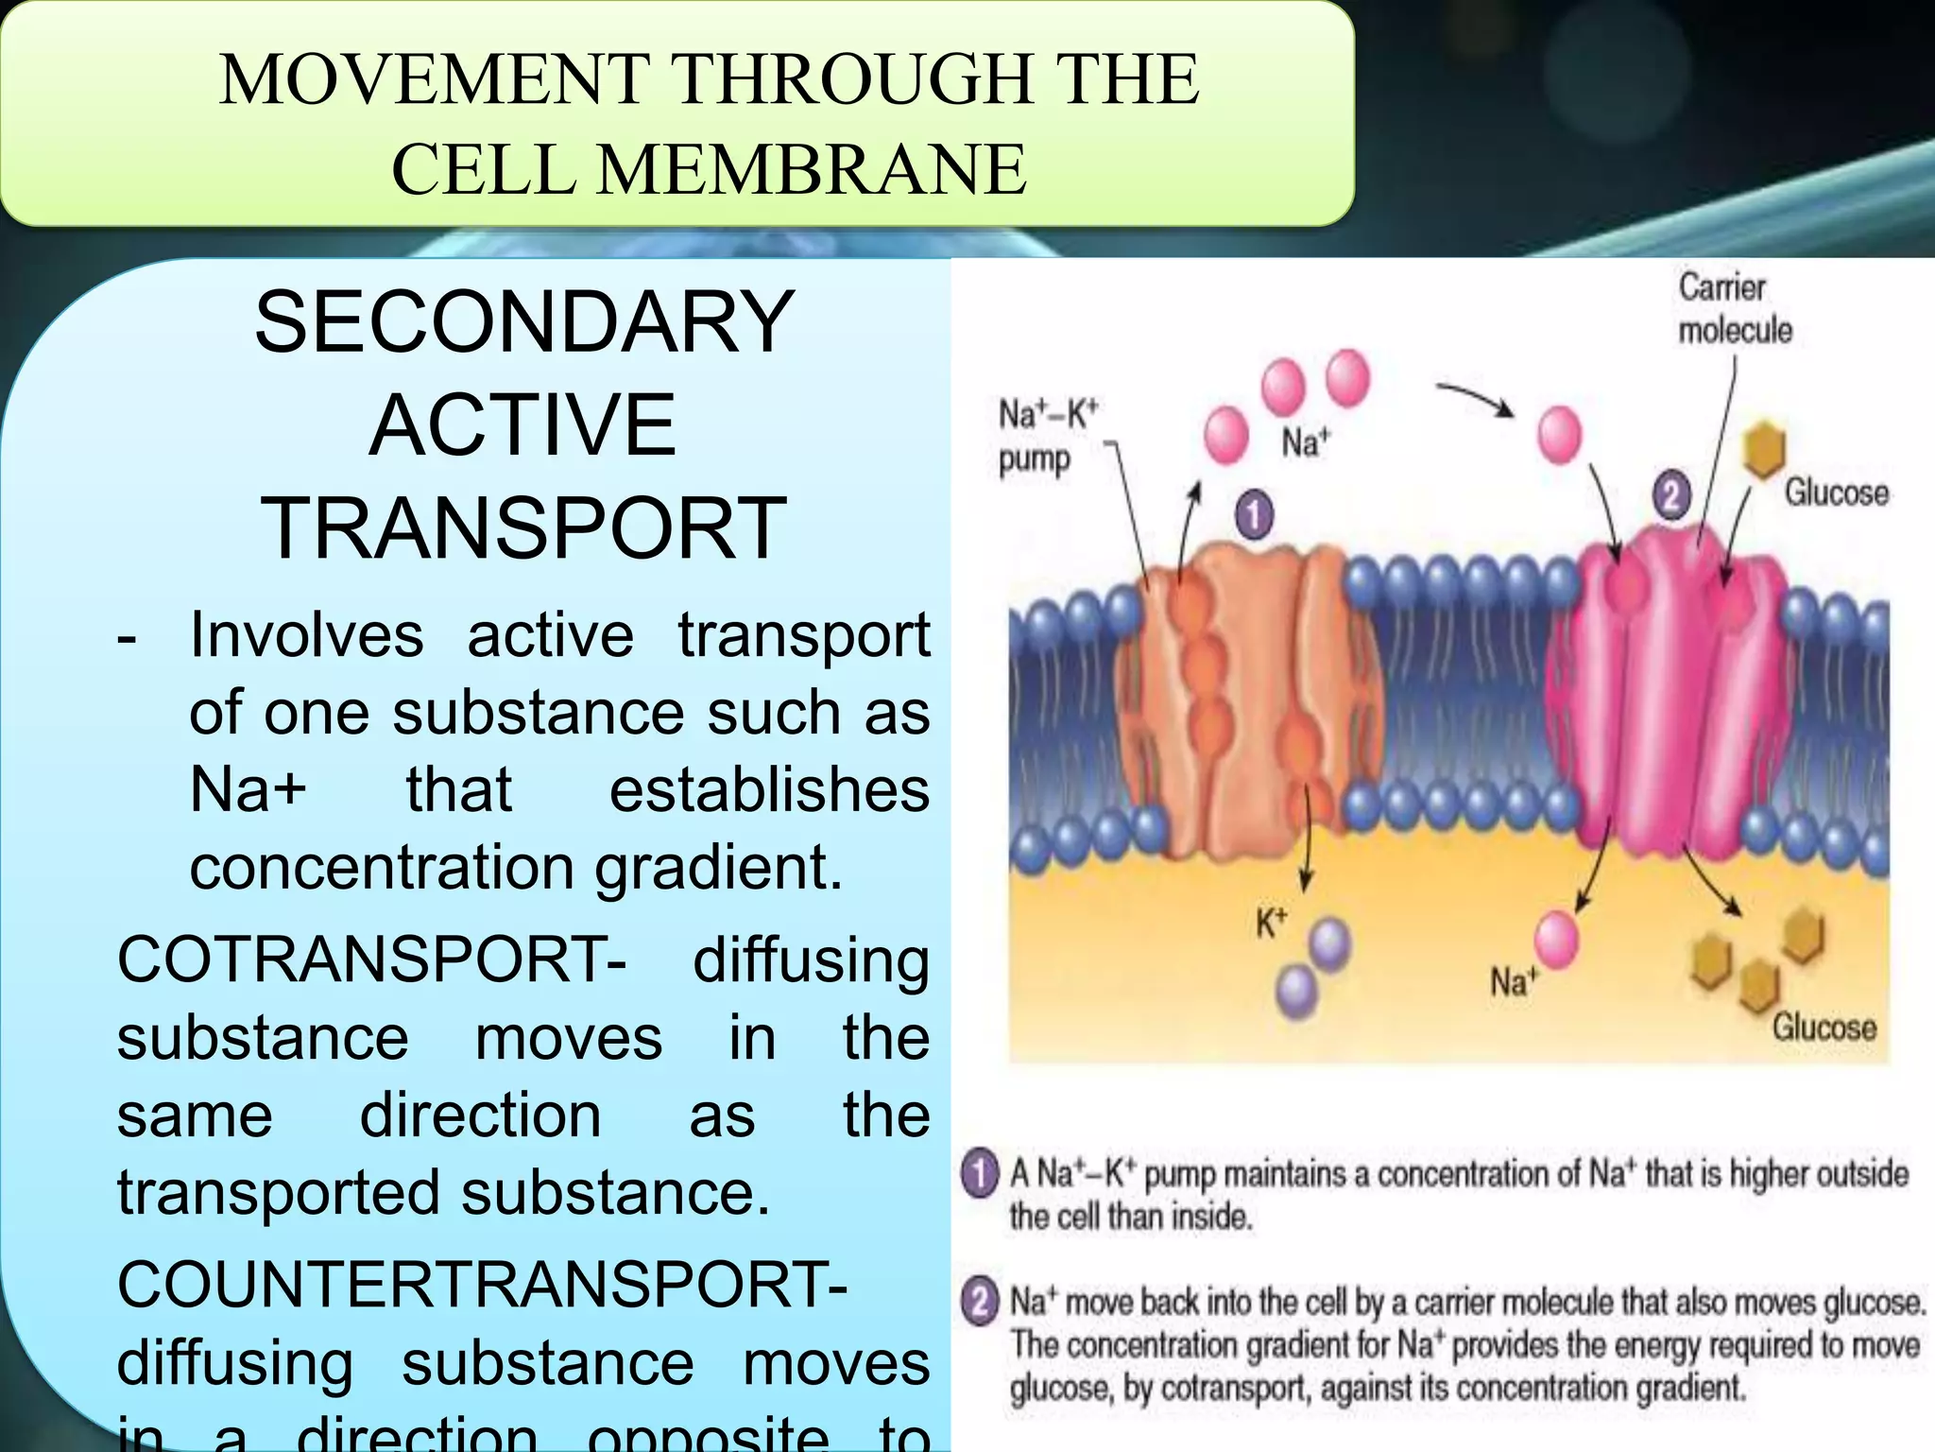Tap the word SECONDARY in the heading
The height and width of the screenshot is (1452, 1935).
click(x=523, y=322)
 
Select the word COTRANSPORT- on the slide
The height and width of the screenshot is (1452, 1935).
click(x=371, y=960)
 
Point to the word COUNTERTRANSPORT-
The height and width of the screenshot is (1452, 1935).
click(x=482, y=1286)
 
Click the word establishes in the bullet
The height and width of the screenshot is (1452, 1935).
click(x=769, y=790)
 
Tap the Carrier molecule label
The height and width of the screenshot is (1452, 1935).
click(x=1734, y=308)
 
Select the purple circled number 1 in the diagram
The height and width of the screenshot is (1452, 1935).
click(x=1255, y=516)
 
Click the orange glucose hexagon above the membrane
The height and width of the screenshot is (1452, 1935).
click(x=1763, y=448)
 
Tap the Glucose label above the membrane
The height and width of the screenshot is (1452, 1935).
click(x=1836, y=493)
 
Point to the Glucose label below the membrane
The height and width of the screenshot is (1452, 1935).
click(x=1824, y=1027)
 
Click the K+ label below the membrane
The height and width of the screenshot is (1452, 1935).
click(x=1271, y=923)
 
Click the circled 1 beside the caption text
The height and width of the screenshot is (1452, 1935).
click(x=980, y=1174)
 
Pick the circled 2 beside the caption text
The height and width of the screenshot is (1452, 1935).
click(x=980, y=1303)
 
